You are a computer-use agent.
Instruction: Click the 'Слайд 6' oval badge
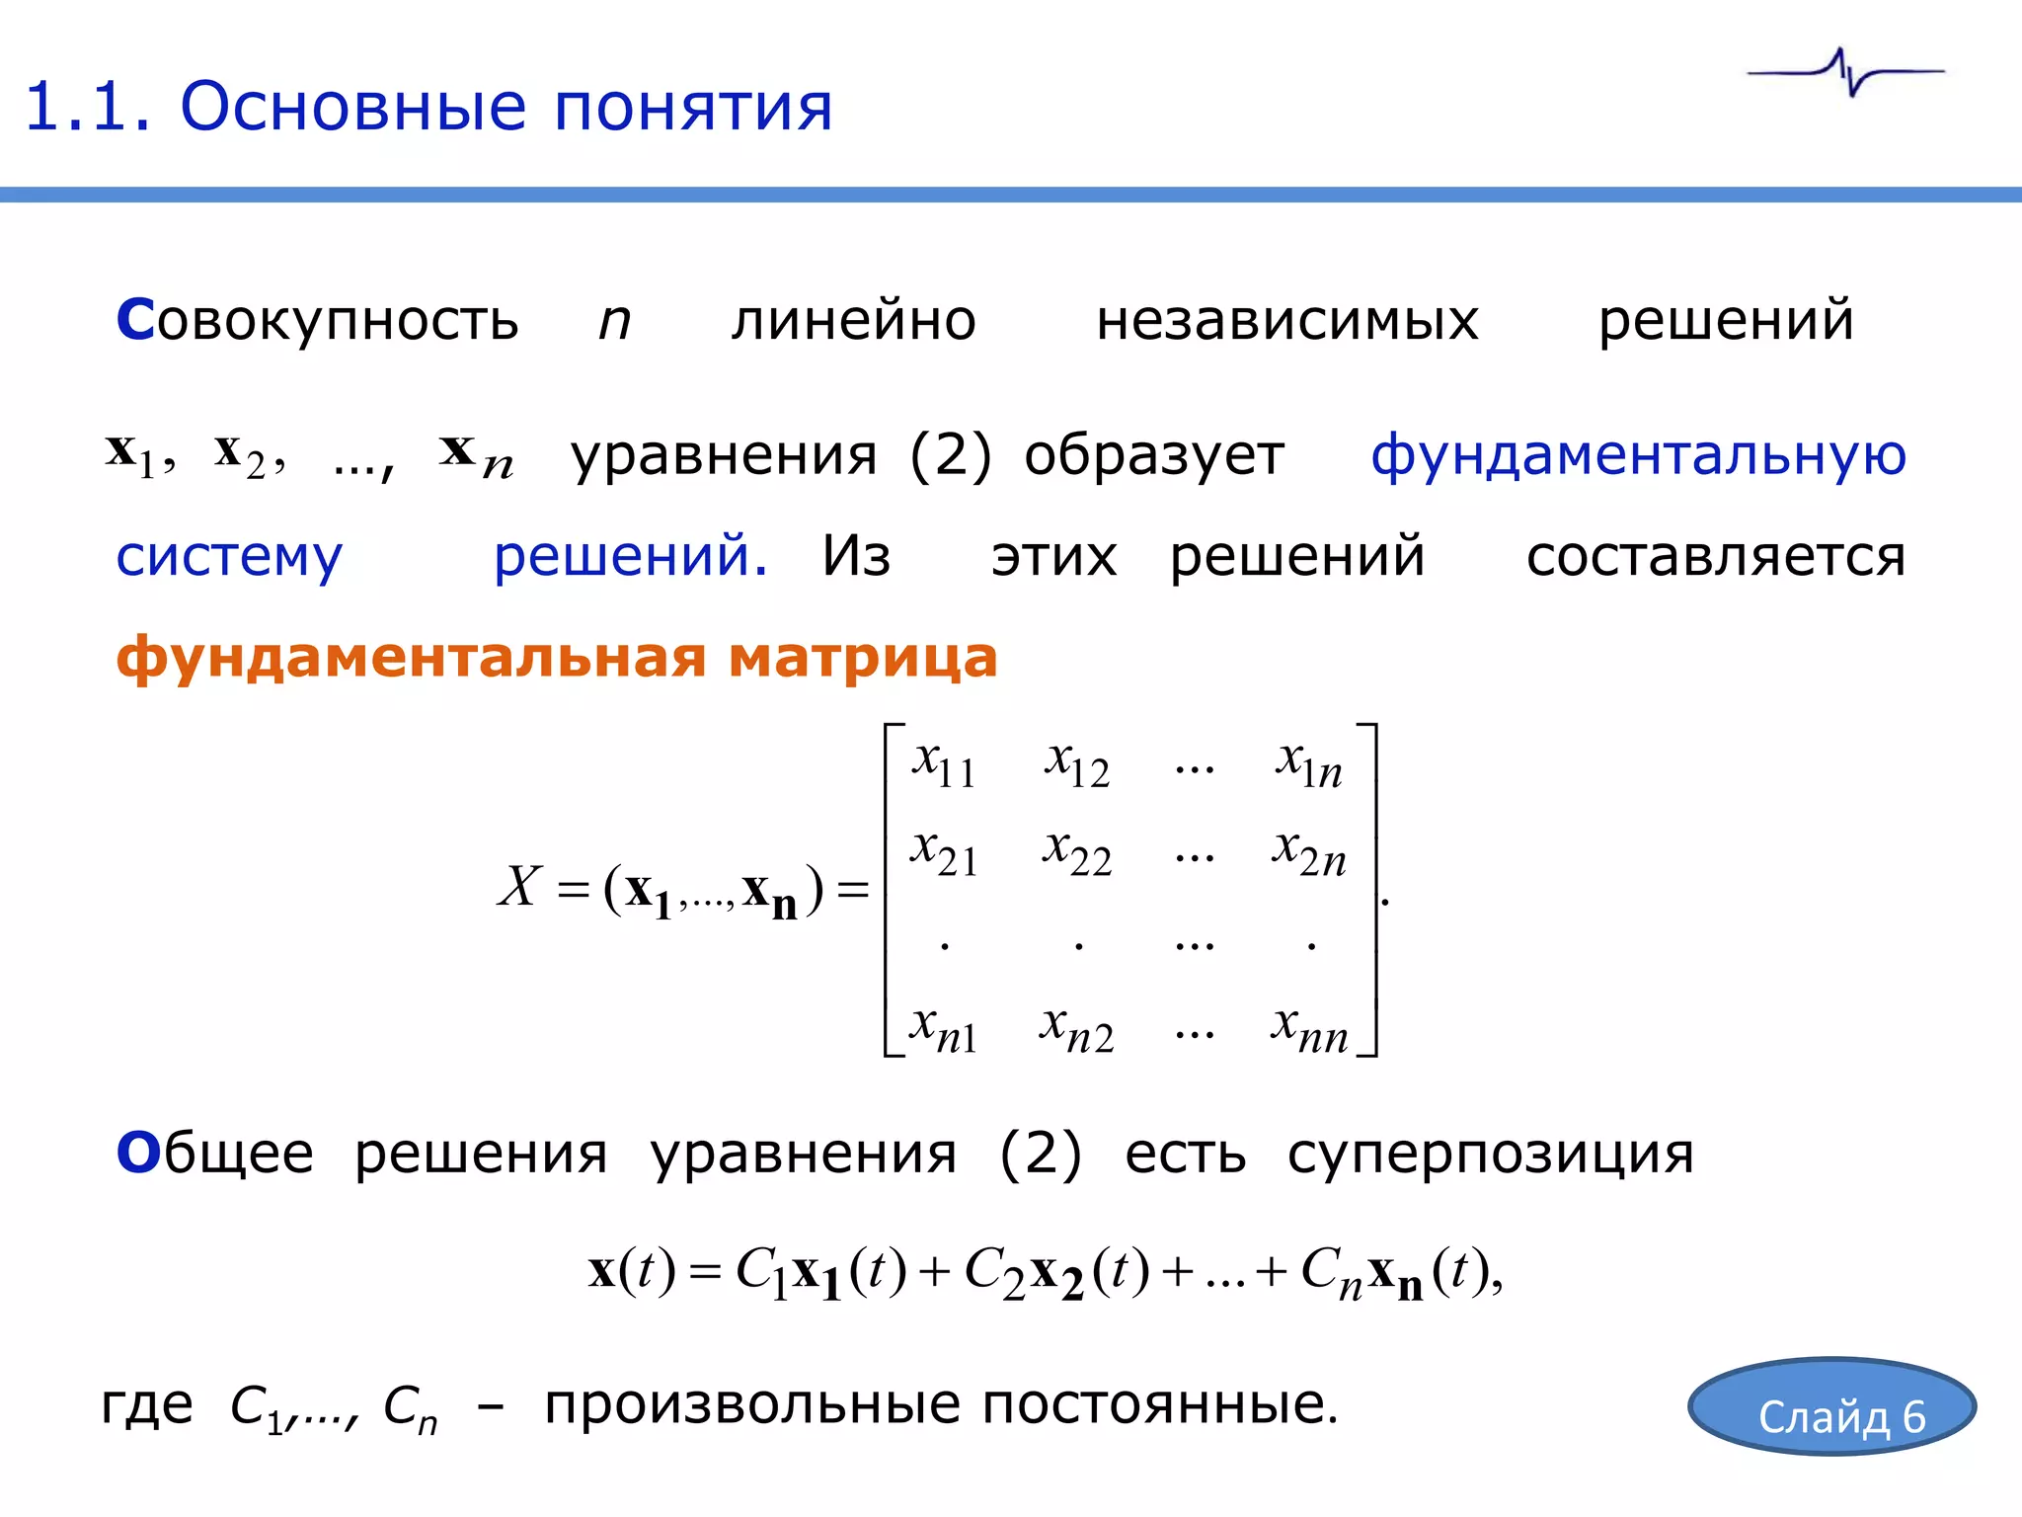[x=1831, y=1406]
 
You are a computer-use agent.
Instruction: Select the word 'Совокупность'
[x=317, y=320]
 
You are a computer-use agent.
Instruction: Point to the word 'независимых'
[x=1286, y=320]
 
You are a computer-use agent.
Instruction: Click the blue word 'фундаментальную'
[x=1638, y=455]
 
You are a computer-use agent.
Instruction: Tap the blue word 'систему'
[x=229, y=557]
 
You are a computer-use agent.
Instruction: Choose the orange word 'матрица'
[x=863, y=657]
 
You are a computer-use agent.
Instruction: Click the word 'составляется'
[x=1715, y=557]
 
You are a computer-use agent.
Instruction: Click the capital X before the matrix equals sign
[x=520, y=885]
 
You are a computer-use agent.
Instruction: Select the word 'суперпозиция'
[x=1490, y=1154]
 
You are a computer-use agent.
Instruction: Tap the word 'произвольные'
[x=750, y=1404]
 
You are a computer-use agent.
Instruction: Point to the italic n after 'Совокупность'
[x=614, y=322]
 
